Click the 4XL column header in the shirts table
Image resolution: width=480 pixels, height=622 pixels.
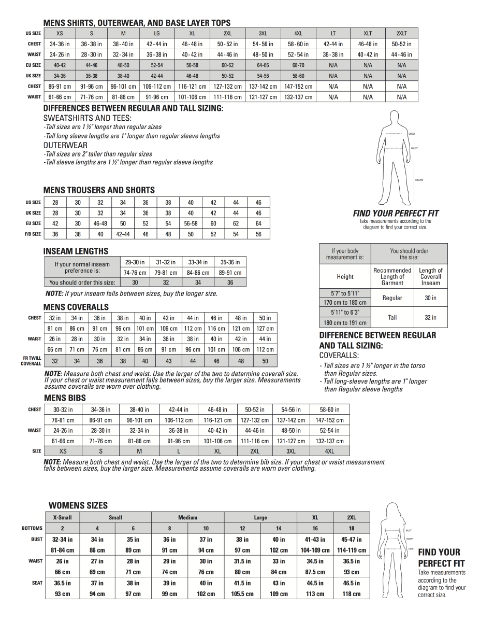[x=298, y=33]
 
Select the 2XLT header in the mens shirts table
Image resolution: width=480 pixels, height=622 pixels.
[x=401, y=33]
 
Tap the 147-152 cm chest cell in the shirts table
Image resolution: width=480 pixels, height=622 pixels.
[x=298, y=87]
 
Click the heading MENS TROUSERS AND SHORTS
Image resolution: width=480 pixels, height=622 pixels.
[x=99, y=190]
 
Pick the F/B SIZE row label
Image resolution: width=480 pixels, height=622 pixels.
[x=33, y=234]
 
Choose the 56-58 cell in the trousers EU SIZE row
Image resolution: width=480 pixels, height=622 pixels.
[x=191, y=223]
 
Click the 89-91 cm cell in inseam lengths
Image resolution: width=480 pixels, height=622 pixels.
[x=230, y=273]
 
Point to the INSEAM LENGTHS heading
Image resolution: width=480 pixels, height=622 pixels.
[x=76, y=251]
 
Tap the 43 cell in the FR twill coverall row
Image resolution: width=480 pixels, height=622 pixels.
[x=168, y=361]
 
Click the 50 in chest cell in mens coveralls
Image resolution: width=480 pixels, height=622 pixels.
[x=265, y=318]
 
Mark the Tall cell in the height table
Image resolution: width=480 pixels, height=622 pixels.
[x=392, y=317]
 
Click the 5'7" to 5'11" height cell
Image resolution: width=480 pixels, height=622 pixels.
[x=345, y=293]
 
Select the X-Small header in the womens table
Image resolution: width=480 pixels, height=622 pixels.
[x=62, y=517]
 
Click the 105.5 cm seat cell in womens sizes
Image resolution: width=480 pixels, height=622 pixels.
[x=242, y=594]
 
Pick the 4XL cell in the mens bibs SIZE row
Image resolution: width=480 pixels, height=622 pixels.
[x=329, y=451]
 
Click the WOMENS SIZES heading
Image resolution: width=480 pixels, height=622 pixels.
[x=78, y=505]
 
